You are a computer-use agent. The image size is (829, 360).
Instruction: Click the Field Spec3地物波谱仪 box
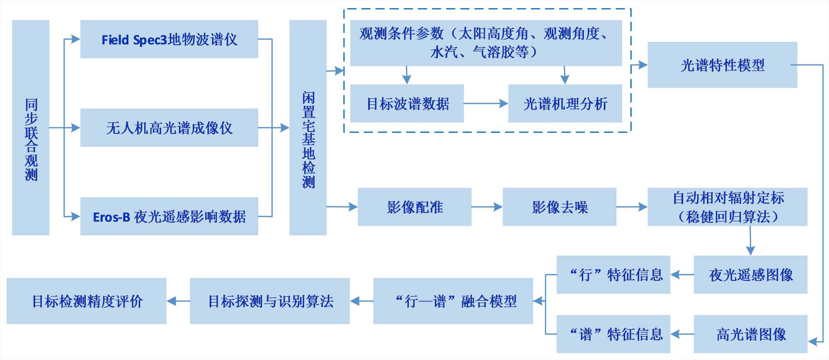(x=169, y=39)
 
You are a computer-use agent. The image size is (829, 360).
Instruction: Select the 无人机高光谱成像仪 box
(x=169, y=128)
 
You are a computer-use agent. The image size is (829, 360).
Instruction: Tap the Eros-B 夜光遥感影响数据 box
(x=169, y=216)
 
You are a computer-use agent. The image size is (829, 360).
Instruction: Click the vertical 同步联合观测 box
(x=31, y=128)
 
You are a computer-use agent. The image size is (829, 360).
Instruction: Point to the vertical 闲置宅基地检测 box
(x=308, y=128)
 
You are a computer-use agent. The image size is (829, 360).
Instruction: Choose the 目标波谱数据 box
(x=407, y=104)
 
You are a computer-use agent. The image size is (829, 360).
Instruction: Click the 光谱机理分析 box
(x=565, y=104)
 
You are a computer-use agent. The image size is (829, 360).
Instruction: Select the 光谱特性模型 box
(x=722, y=65)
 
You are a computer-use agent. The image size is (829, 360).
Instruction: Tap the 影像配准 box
(x=414, y=207)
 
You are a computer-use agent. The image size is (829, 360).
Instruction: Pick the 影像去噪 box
(x=560, y=207)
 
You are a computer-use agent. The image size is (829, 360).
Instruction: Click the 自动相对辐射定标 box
(x=727, y=207)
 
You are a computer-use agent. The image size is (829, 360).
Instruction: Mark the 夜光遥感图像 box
(x=751, y=275)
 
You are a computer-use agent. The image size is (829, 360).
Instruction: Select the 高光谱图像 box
(x=751, y=334)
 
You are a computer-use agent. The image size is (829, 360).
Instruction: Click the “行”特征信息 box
(x=613, y=275)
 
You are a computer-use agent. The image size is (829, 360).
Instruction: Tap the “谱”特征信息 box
(x=613, y=334)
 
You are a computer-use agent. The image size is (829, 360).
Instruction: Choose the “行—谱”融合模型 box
(x=453, y=301)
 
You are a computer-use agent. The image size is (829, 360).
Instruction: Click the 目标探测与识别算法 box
(x=270, y=301)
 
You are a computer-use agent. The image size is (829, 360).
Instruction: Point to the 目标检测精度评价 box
(x=87, y=301)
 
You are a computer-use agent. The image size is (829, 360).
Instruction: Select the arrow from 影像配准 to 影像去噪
(x=487, y=207)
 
